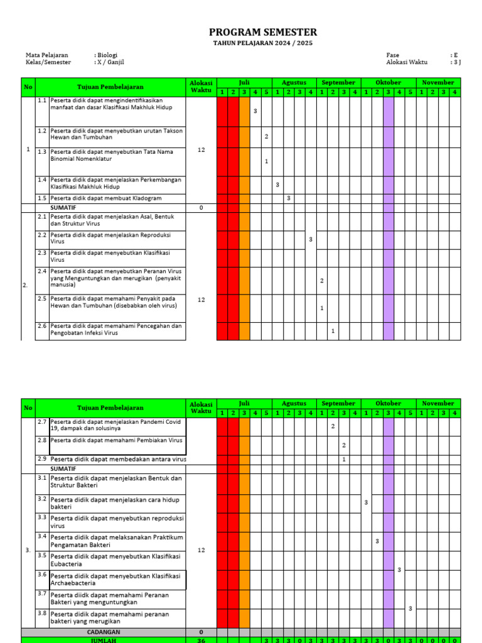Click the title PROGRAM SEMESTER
(x=263, y=33)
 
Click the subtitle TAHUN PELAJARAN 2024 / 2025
(x=263, y=43)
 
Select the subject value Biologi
(x=107, y=55)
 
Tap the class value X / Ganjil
(x=111, y=62)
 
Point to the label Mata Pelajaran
(x=47, y=55)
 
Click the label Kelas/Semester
(x=48, y=62)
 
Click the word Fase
(x=393, y=55)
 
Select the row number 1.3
(x=42, y=151)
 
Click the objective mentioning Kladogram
(x=106, y=198)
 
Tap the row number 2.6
(x=42, y=326)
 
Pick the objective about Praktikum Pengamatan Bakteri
(x=116, y=541)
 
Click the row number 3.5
(x=42, y=556)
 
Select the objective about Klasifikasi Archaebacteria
(x=115, y=579)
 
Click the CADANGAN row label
(x=104, y=632)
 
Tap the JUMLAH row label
(x=104, y=640)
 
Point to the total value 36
(x=201, y=640)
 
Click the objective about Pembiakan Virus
(x=117, y=441)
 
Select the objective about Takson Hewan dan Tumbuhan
(x=116, y=134)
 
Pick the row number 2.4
(x=42, y=271)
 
